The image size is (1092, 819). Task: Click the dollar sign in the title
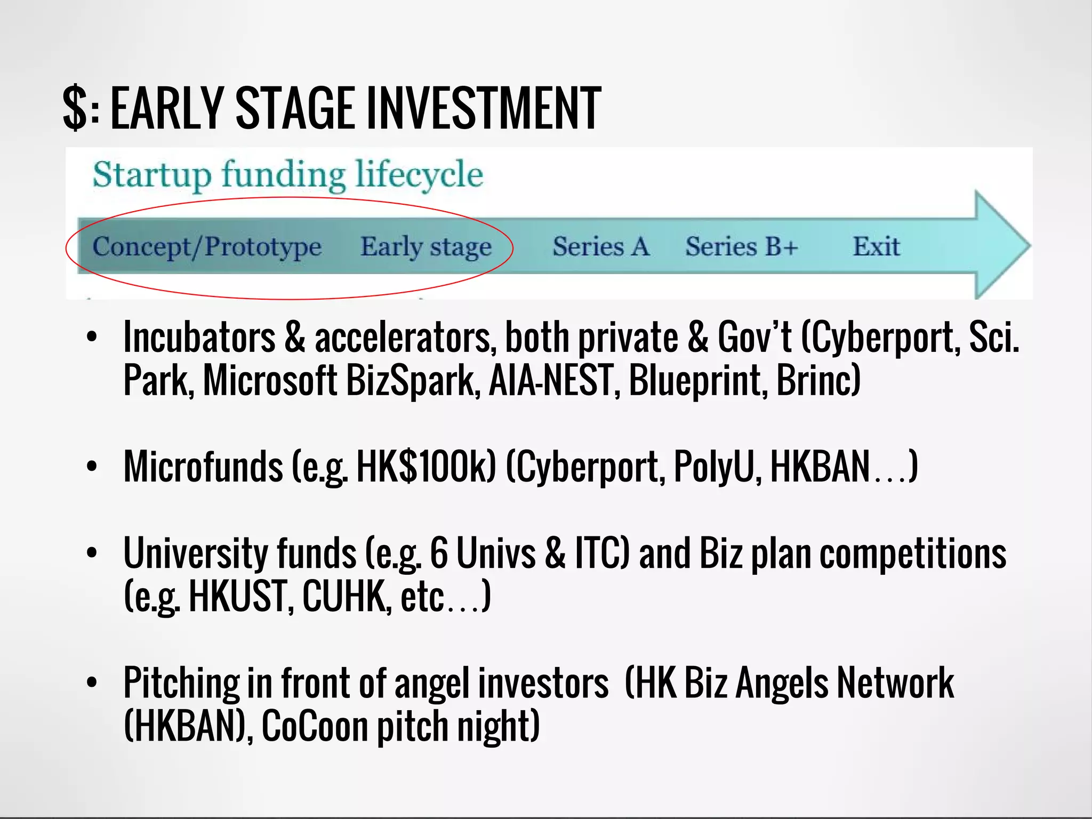(x=75, y=108)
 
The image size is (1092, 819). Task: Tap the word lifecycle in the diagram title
(x=419, y=175)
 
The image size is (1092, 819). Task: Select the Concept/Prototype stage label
(x=207, y=247)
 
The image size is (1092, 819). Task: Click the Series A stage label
(x=601, y=247)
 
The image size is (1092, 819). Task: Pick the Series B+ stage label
(x=742, y=247)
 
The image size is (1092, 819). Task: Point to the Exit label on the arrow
(x=876, y=247)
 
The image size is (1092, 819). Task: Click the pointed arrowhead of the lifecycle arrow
(x=1005, y=245)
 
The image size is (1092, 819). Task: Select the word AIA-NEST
(x=550, y=380)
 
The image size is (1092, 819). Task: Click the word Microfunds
(x=203, y=467)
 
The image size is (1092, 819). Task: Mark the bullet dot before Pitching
(x=92, y=682)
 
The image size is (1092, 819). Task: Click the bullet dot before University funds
(x=92, y=553)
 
